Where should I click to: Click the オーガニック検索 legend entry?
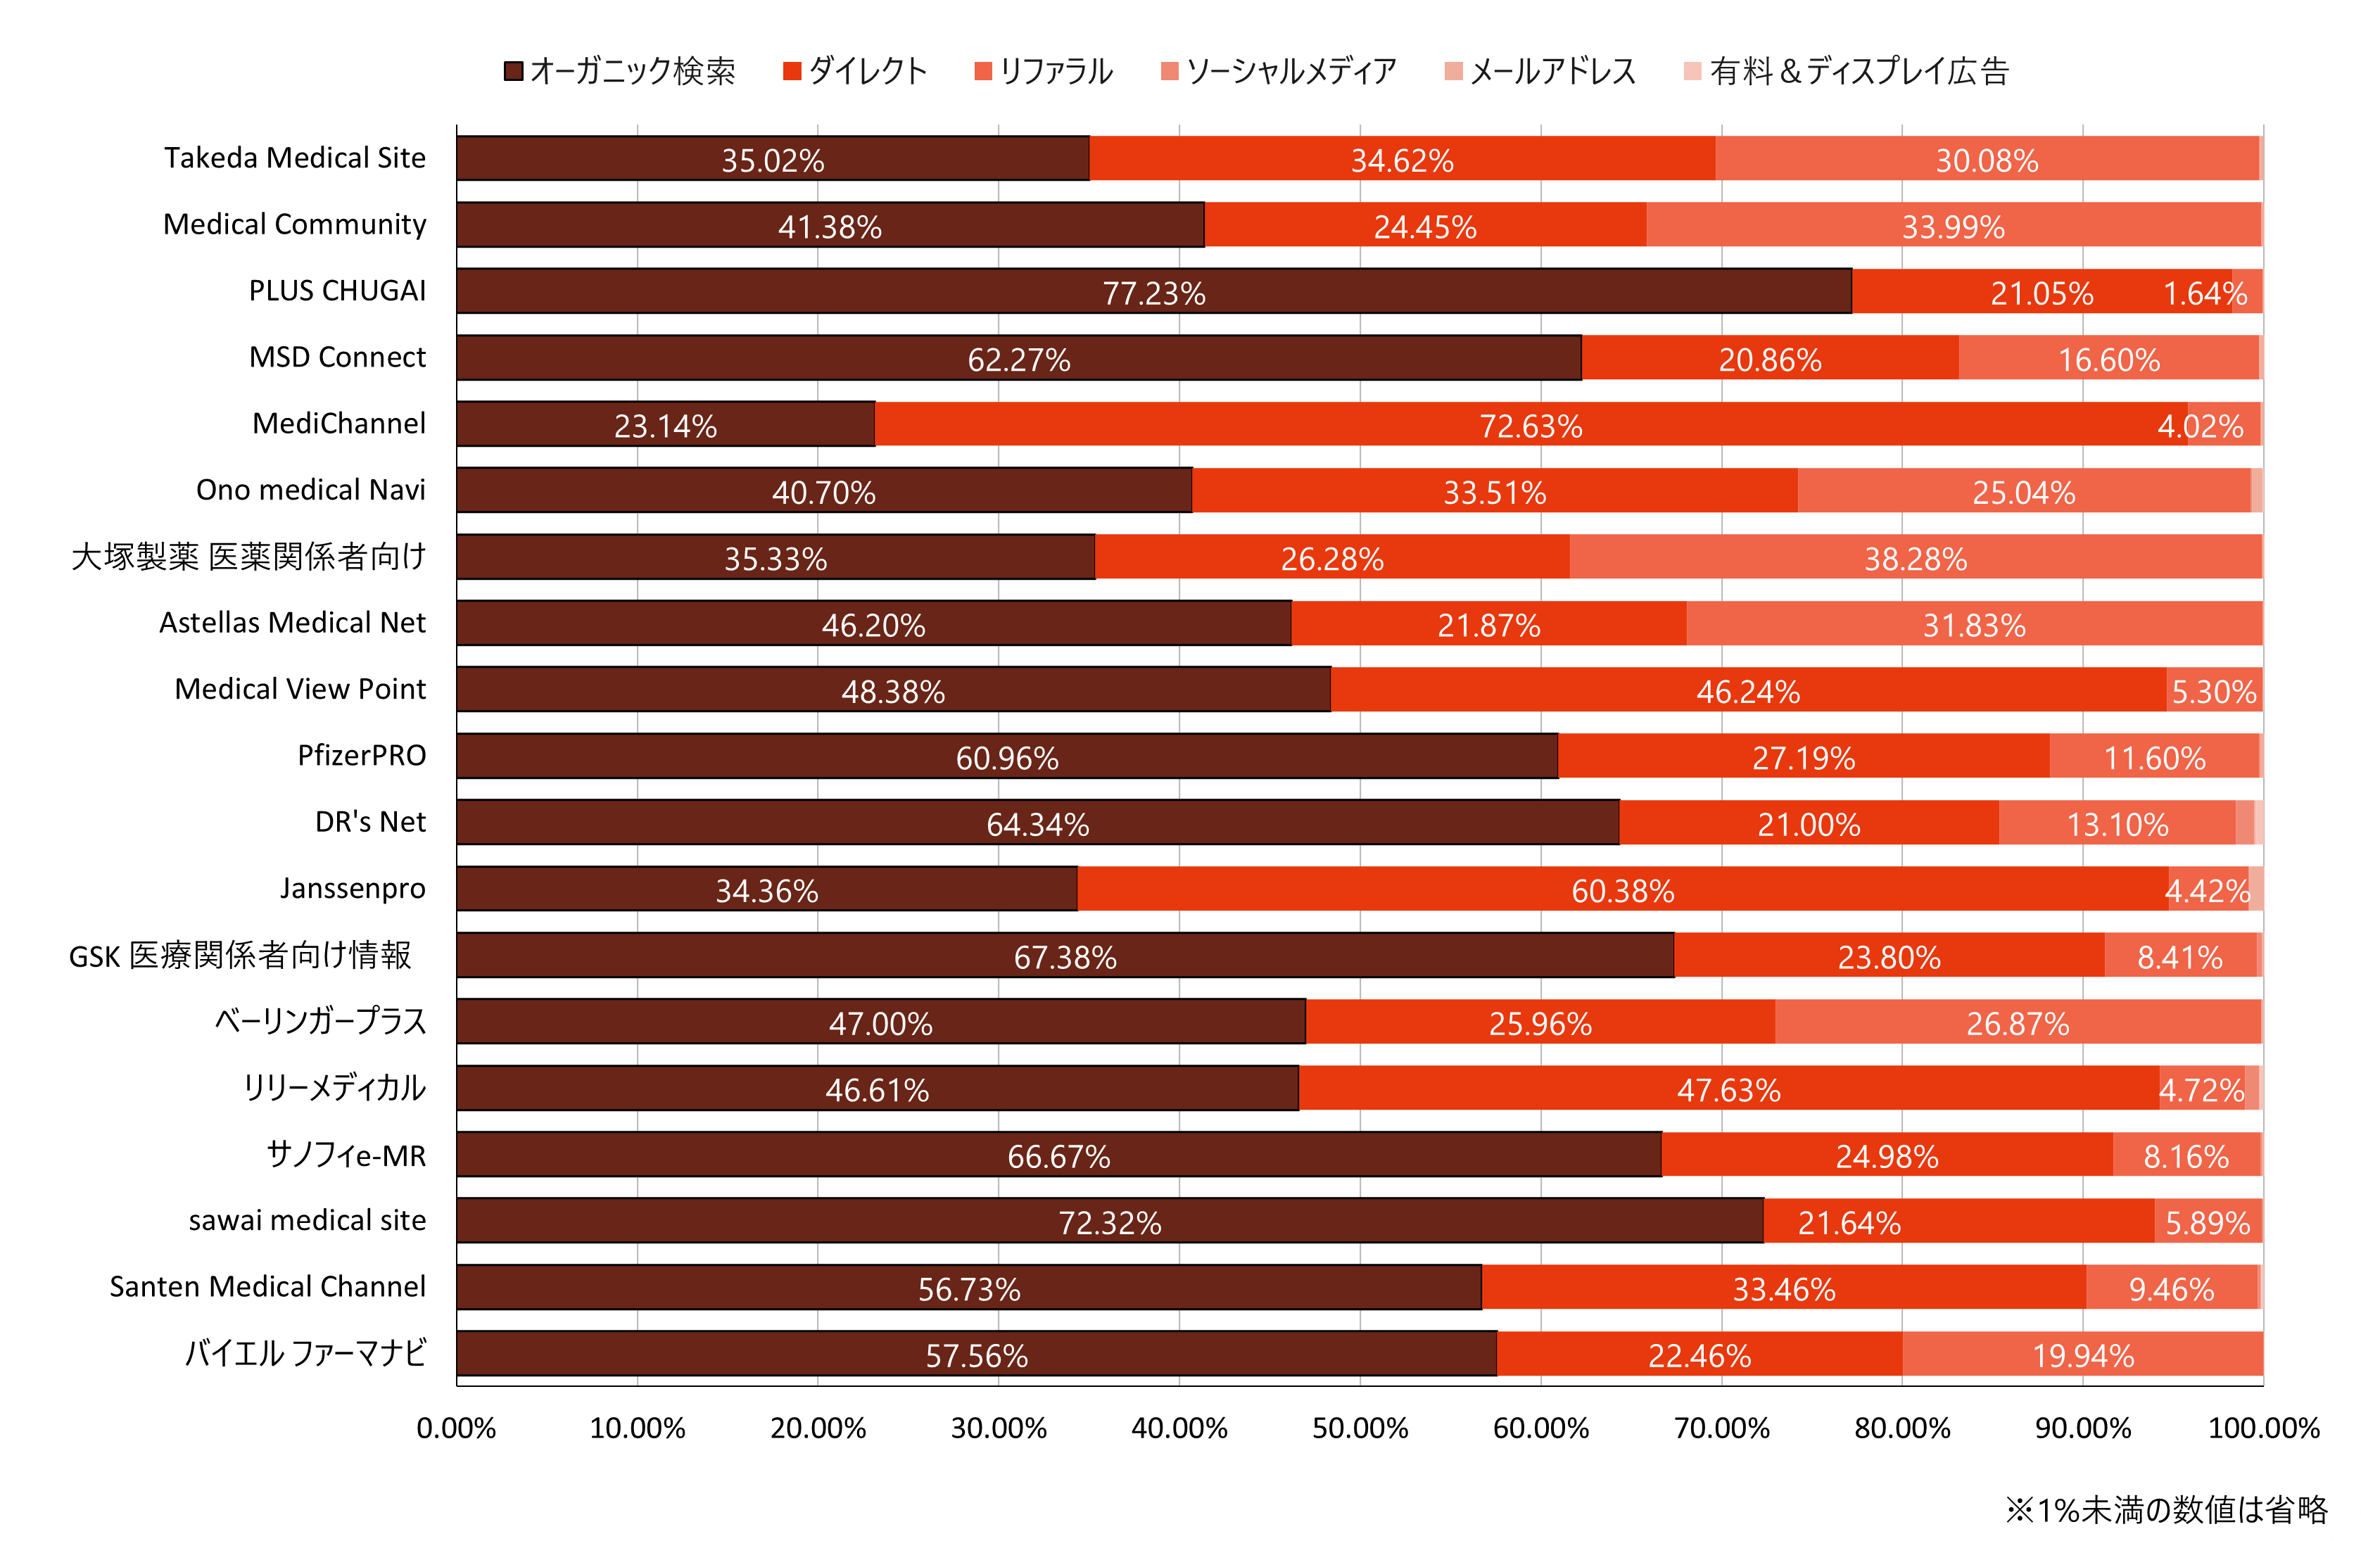pyautogui.click(x=621, y=71)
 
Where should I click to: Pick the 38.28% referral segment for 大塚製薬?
pyautogui.click(x=1916, y=558)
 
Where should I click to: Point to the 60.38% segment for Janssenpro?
pyautogui.click(x=1623, y=889)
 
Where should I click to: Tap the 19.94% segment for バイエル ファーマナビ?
pyautogui.click(x=2082, y=1355)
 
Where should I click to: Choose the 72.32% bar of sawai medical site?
pyautogui.click(x=1109, y=1222)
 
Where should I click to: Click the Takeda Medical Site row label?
pyautogui.click(x=295, y=158)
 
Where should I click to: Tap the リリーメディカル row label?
pyautogui.click(x=335, y=1089)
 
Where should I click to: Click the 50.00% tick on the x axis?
pyautogui.click(x=1360, y=1428)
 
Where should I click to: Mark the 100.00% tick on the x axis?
pyautogui.click(x=2262, y=1428)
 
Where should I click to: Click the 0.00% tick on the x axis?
pyautogui.click(x=456, y=1428)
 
